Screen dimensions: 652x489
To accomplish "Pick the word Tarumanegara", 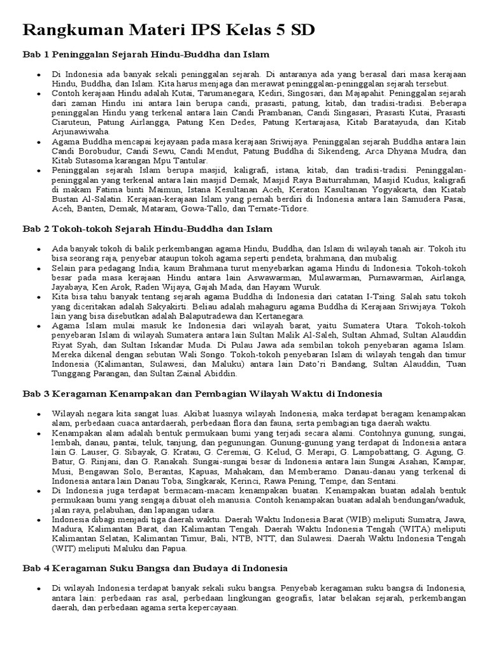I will pyautogui.click(x=201, y=93).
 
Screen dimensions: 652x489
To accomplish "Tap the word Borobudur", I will pyautogui.click(x=108, y=152).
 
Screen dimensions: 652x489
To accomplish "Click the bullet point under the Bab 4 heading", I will pyautogui.click(x=39, y=588).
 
